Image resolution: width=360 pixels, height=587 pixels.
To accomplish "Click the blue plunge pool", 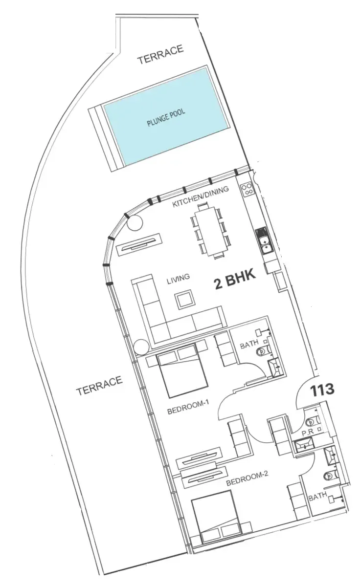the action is (166, 117).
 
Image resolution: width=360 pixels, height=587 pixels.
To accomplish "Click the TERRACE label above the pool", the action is (160, 54).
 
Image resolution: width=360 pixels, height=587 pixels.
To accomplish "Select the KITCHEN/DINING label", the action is (201, 196).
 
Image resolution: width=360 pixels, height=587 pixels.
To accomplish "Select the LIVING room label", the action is (179, 279).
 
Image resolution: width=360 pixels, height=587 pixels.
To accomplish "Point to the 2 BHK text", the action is (235, 280).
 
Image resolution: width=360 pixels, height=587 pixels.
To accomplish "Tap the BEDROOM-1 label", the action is (188, 409).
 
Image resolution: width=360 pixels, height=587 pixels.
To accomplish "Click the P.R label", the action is (307, 433).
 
